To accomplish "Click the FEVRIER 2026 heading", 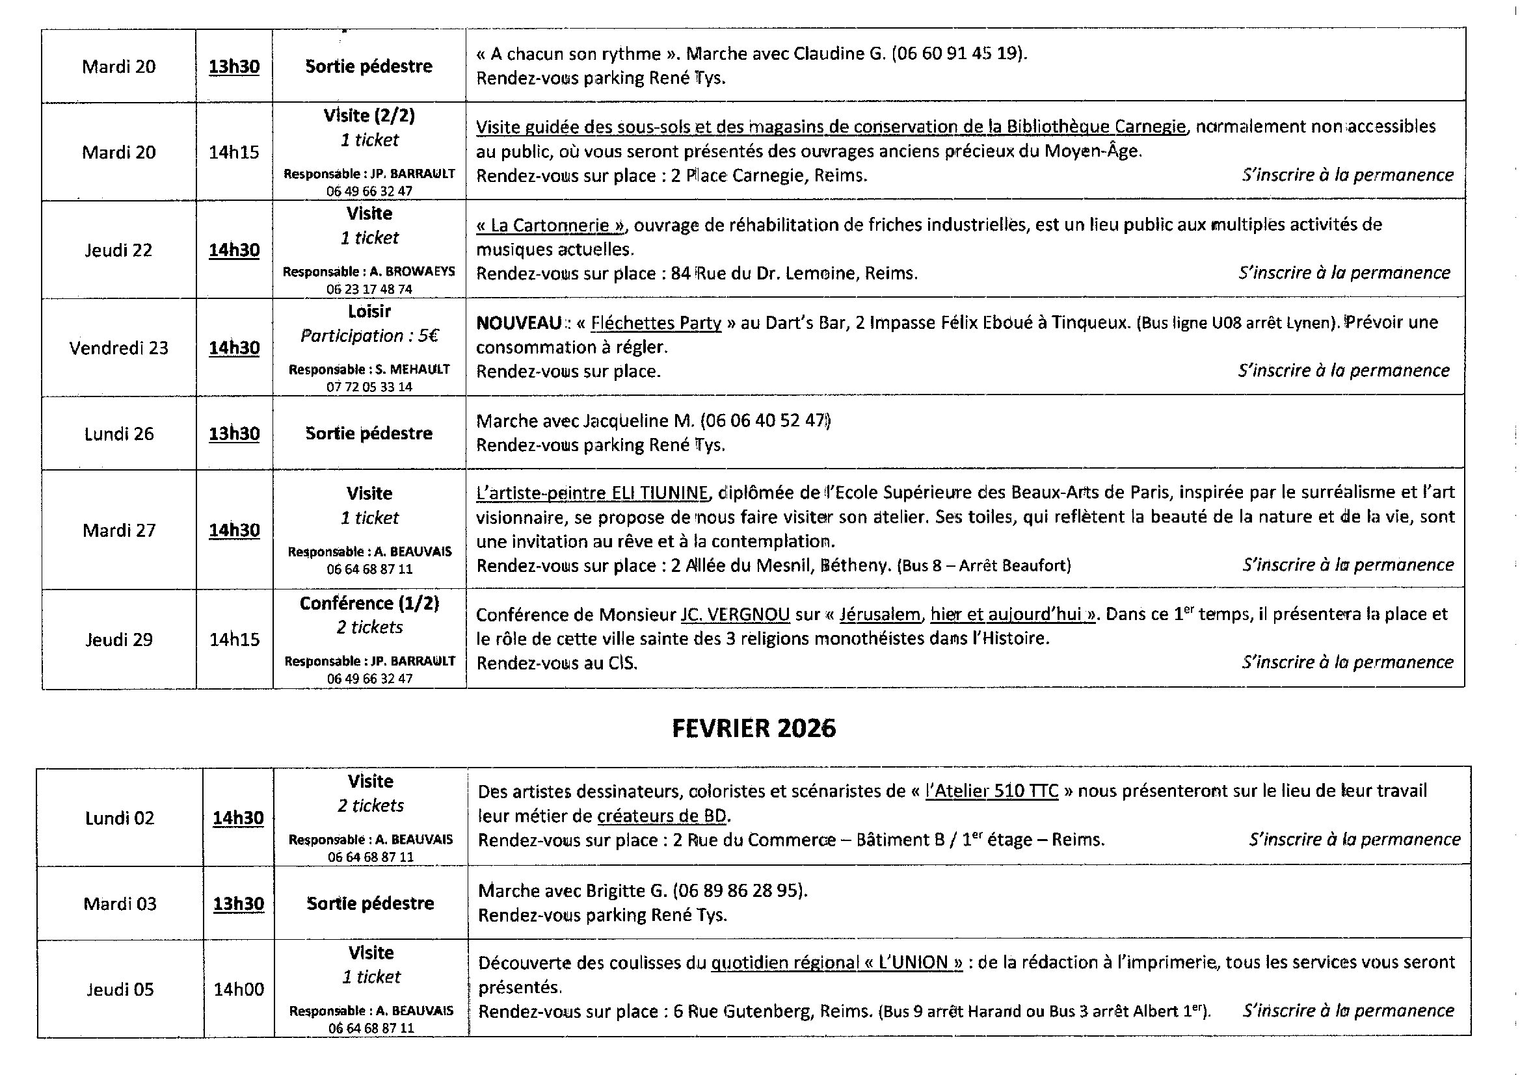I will pyautogui.click(x=754, y=728).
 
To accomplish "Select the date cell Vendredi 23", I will pyautogui.click(x=118, y=348).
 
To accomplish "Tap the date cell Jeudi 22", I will pyautogui.click(x=118, y=250).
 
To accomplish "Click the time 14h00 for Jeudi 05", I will pyautogui.click(x=239, y=990).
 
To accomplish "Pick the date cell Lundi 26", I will pyautogui.click(x=118, y=434).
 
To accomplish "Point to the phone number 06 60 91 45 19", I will pyautogui.click(x=957, y=53).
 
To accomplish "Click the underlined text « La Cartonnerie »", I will pyautogui.click(x=550, y=226).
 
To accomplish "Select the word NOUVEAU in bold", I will pyautogui.click(x=518, y=323).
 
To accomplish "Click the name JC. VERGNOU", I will pyautogui.click(x=735, y=615).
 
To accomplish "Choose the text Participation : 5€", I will pyautogui.click(x=369, y=336).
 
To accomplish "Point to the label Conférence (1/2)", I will pyautogui.click(x=369, y=604).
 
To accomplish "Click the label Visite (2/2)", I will pyautogui.click(x=369, y=116).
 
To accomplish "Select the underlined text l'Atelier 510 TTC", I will pyautogui.click(x=991, y=791).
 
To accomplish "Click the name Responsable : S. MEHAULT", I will pyautogui.click(x=369, y=370).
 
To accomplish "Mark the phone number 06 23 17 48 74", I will pyautogui.click(x=369, y=289).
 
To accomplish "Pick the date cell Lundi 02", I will pyautogui.click(x=119, y=819).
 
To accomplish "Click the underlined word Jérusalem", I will pyautogui.click(x=879, y=615).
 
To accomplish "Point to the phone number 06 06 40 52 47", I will pyautogui.click(x=764, y=421).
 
